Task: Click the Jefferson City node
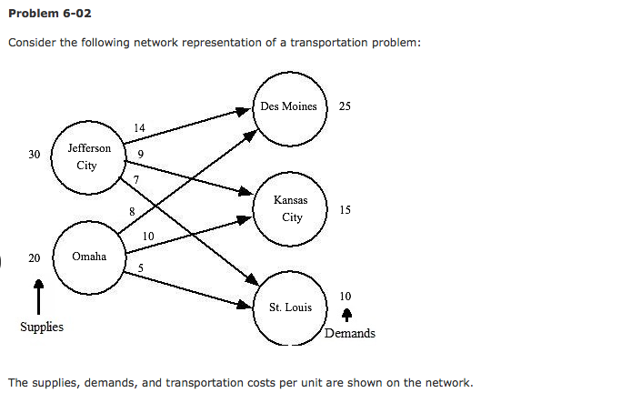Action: pos(88,156)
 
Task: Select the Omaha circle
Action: pos(89,257)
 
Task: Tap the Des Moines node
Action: pos(288,106)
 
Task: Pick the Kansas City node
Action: pos(291,208)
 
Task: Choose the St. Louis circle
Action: pos(290,307)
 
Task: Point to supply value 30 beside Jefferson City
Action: pos(35,155)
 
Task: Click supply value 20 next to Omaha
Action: pos(35,258)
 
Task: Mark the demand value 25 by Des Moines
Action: pos(345,106)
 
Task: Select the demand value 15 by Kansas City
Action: pos(345,210)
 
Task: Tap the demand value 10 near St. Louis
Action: pos(345,296)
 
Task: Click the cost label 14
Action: pos(139,127)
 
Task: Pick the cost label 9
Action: pos(141,154)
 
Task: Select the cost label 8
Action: pos(132,211)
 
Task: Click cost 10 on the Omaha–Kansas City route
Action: pos(148,237)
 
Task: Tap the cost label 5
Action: pos(141,267)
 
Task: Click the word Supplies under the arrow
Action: pos(42,327)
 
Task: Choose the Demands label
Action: pos(350,333)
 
